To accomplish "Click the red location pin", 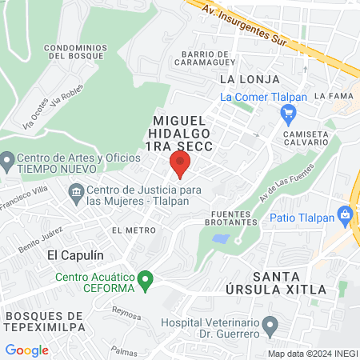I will point(179,164).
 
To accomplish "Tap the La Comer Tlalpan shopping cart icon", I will point(288,114).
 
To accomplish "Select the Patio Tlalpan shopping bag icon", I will point(345,214).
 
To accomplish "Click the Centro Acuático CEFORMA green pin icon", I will point(145,280).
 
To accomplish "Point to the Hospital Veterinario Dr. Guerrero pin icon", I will point(270,326).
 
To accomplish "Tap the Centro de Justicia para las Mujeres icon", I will point(76,192).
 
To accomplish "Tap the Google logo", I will point(26,350).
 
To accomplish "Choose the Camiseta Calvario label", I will point(304,138).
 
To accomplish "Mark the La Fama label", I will point(329,95).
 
